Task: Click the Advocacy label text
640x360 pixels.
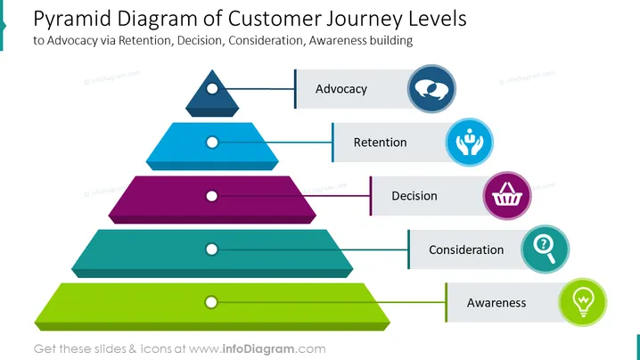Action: (x=341, y=89)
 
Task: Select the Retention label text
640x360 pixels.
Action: (x=380, y=143)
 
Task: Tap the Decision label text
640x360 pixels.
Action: (x=414, y=196)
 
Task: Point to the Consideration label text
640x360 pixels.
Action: (x=466, y=250)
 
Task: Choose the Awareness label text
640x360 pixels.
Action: (x=496, y=303)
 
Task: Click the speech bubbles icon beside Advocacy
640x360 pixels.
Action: (x=431, y=88)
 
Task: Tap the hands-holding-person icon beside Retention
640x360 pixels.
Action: (x=470, y=142)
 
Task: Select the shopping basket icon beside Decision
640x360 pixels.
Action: (x=507, y=194)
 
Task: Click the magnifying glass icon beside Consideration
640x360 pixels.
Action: (x=545, y=250)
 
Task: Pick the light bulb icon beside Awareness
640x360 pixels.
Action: (x=583, y=302)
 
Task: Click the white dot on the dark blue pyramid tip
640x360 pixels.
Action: (x=212, y=88)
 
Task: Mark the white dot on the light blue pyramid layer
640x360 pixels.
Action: (x=212, y=143)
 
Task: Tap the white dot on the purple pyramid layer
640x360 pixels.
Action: (x=211, y=196)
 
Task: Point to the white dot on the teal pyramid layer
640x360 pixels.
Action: (x=211, y=250)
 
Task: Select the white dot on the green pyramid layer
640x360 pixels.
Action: (x=211, y=302)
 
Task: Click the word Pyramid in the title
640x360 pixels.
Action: (x=72, y=20)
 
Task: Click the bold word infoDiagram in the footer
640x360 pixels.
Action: (x=258, y=349)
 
